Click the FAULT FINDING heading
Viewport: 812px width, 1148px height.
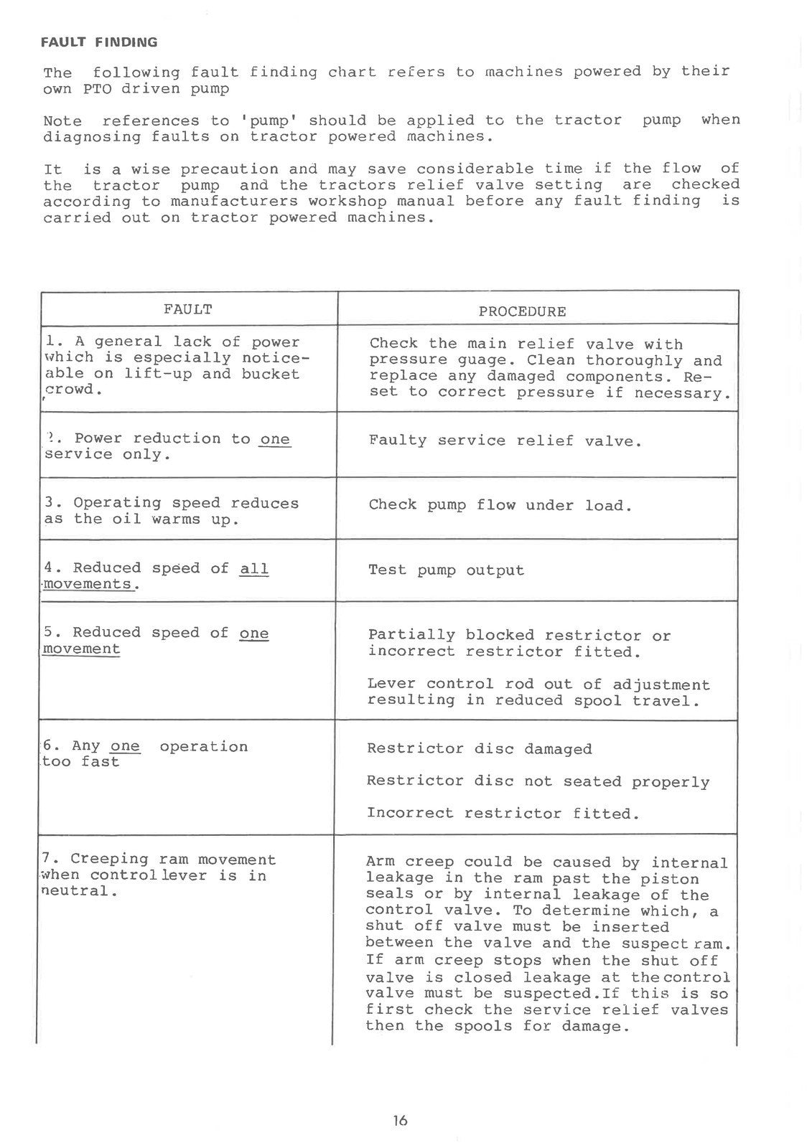point(100,42)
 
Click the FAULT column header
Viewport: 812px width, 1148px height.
point(187,310)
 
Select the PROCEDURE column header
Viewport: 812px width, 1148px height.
point(522,312)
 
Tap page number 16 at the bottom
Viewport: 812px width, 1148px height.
point(400,1120)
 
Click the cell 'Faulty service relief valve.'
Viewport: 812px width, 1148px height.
point(505,441)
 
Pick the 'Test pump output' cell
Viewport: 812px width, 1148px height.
point(446,571)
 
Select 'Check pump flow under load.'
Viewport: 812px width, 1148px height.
point(500,506)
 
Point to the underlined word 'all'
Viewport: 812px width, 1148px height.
point(254,569)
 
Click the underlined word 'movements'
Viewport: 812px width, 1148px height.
point(88,585)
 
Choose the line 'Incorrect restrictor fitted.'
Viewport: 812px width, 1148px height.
point(503,814)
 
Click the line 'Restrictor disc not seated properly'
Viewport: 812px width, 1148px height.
point(538,782)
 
